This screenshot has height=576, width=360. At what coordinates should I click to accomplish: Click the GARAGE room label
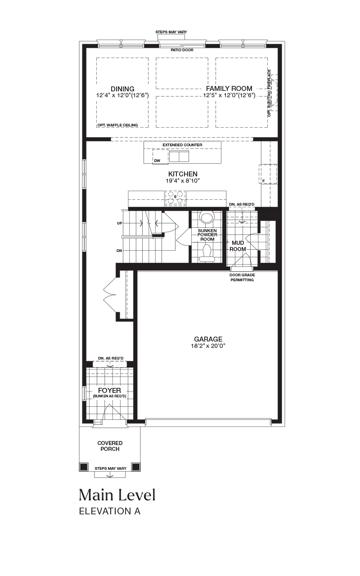208,339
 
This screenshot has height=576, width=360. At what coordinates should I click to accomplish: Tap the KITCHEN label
183,174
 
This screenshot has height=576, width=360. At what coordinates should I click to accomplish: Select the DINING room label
122,89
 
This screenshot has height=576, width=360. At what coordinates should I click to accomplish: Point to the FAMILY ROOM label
229,89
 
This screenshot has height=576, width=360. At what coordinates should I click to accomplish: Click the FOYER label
109,390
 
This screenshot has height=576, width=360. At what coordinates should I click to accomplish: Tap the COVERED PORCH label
110,446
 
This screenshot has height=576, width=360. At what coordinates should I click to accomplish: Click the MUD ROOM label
238,246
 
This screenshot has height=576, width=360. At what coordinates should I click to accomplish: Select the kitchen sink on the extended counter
179,156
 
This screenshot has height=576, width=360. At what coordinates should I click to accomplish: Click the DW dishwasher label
157,161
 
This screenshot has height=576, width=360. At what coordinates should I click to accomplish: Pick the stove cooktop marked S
175,198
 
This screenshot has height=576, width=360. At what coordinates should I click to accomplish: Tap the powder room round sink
207,217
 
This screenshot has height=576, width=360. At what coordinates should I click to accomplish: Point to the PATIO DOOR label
182,50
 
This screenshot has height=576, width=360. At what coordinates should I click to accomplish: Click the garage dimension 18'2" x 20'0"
208,346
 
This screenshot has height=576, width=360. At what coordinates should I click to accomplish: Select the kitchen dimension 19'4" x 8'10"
183,180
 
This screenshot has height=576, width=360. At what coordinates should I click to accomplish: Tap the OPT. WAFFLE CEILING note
118,125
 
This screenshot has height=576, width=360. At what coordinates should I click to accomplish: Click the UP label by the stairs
120,223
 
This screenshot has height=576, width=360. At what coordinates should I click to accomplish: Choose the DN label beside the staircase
119,251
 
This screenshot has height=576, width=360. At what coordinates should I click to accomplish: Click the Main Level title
117,495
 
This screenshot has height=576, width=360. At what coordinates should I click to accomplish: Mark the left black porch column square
84,467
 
